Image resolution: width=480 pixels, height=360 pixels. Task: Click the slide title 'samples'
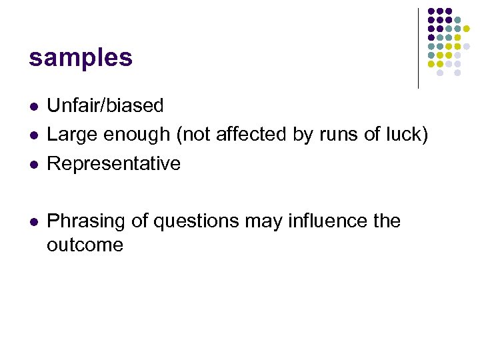coord(81,59)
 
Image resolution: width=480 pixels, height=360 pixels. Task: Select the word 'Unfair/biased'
coord(105,105)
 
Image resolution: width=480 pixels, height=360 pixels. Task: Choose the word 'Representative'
coord(113,164)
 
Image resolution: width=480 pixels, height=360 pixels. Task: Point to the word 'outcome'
coord(85,245)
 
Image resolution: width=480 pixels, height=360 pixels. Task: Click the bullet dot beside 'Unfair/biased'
coord(33,106)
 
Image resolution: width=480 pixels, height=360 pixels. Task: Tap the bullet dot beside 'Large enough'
coord(33,135)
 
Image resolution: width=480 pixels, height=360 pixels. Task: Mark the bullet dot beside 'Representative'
coord(33,165)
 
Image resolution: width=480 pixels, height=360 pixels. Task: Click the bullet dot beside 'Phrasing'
coord(33,221)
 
